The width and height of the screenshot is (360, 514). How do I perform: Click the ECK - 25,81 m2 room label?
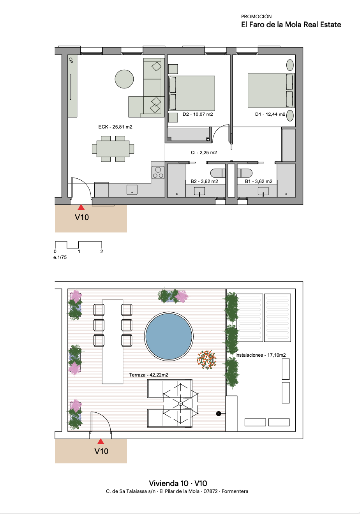click(115, 127)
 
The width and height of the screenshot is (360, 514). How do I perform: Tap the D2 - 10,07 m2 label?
click(198, 114)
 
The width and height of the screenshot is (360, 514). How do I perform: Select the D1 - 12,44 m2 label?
click(270, 114)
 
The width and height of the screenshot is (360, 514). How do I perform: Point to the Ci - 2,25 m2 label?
click(204, 153)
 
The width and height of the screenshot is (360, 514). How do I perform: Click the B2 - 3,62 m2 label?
click(204, 181)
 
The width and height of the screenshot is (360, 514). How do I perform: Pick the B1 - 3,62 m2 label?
click(259, 181)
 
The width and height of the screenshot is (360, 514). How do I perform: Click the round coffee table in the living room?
click(124, 79)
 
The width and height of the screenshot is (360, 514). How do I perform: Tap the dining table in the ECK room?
click(113, 149)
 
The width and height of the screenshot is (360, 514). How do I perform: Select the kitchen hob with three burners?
click(158, 173)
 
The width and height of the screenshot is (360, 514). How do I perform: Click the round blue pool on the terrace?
click(169, 336)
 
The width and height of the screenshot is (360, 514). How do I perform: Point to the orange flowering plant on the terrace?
click(206, 359)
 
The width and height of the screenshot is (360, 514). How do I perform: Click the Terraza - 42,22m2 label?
click(148, 375)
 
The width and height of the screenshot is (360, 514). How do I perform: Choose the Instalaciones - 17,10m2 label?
click(260, 355)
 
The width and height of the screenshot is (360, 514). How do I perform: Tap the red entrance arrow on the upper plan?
click(81, 208)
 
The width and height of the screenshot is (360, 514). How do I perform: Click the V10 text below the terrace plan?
click(101, 451)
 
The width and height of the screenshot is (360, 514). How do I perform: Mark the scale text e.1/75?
click(60, 257)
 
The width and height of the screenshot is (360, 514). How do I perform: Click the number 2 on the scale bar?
click(102, 252)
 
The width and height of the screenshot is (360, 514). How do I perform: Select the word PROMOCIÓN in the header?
click(256, 16)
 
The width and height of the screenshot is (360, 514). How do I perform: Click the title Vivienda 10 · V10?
click(178, 484)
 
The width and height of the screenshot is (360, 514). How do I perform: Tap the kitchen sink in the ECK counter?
click(132, 190)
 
